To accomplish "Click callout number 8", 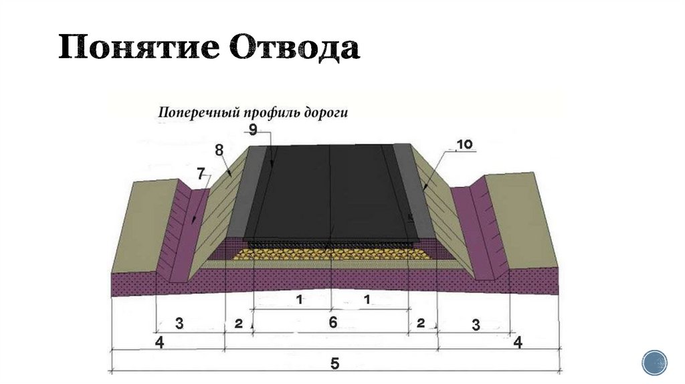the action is click(x=219, y=151).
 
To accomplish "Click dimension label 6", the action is click(x=332, y=322).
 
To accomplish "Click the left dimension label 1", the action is click(x=300, y=300).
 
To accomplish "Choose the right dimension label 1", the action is click(x=367, y=300).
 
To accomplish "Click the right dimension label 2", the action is click(x=420, y=324).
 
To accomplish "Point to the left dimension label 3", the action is click(x=179, y=324).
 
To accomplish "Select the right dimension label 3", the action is click(x=476, y=326).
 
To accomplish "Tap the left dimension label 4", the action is click(x=159, y=343).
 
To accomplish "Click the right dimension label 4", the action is click(x=518, y=343).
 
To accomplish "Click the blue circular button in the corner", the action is click(x=654, y=361).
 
